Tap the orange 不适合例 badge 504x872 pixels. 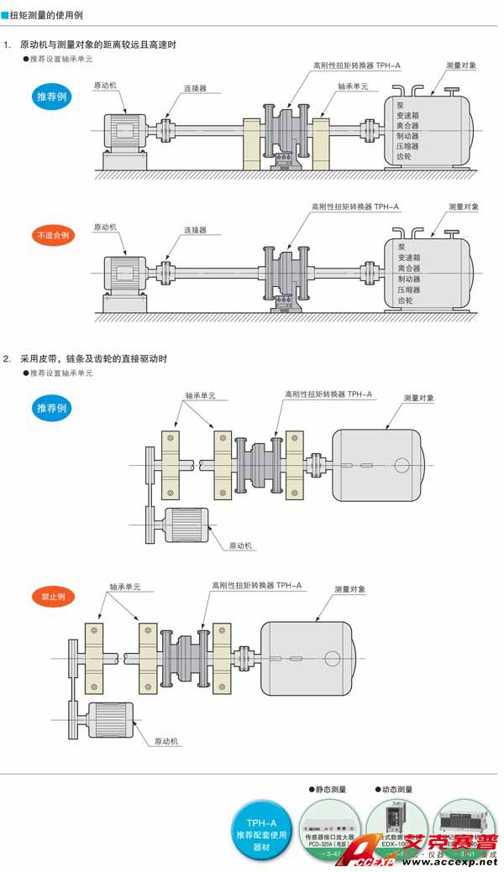point(52,235)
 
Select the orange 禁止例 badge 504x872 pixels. point(52,597)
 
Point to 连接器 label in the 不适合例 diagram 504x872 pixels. point(195,229)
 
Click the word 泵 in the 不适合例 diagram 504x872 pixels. point(402,247)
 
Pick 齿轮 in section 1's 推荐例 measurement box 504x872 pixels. point(404,157)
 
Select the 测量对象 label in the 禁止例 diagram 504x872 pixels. point(350,589)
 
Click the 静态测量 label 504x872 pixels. point(328,790)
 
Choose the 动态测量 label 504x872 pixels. point(395,790)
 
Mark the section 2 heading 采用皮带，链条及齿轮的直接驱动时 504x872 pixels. point(93,358)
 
